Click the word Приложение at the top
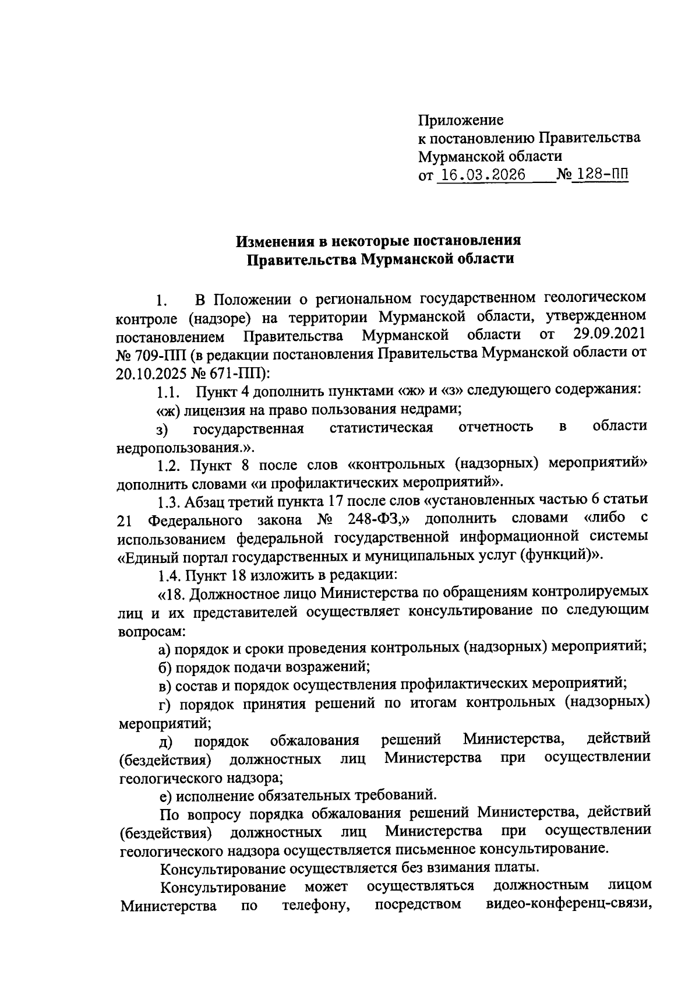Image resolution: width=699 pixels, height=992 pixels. tap(461, 121)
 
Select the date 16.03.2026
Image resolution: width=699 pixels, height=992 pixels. tap(481, 175)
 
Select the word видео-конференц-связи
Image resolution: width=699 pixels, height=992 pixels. tap(568, 905)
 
